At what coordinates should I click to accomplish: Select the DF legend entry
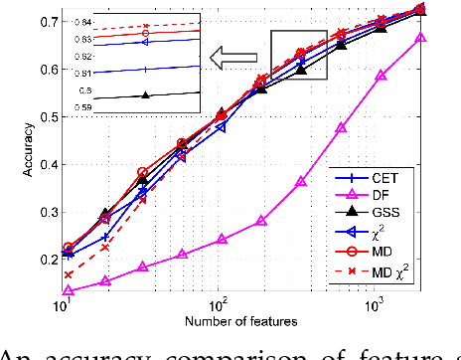(x=392, y=198)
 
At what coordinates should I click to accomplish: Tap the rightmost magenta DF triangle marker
(x=422, y=38)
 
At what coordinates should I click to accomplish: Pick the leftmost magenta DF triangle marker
(x=68, y=290)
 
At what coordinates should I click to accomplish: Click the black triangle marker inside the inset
(x=146, y=95)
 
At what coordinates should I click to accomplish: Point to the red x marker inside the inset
(x=146, y=26)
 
